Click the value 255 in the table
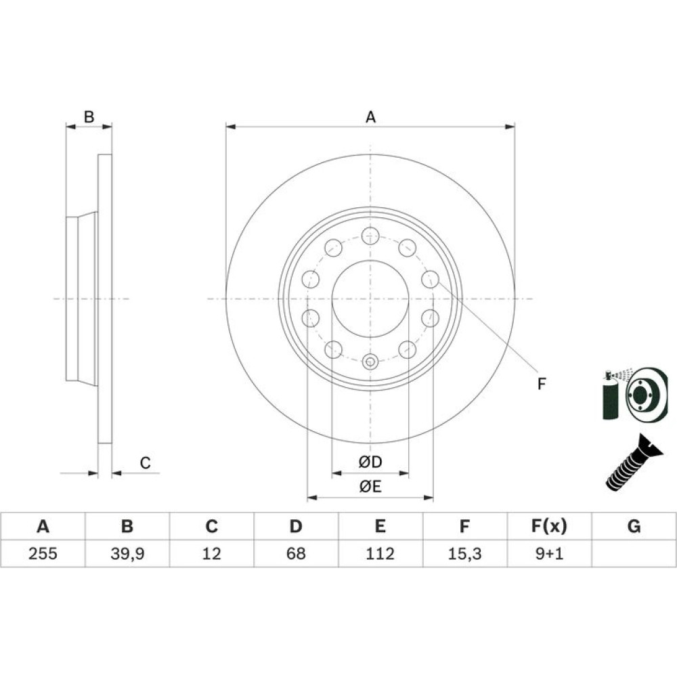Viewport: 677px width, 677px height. pyautogui.click(x=43, y=553)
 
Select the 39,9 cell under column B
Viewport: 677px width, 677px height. pyautogui.click(x=127, y=554)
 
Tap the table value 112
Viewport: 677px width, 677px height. pyautogui.click(x=380, y=553)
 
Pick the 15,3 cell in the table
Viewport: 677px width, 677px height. pyautogui.click(x=464, y=554)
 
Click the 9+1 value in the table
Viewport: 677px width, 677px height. pyautogui.click(x=549, y=553)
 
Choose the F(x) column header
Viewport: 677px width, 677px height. pyautogui.click(x=549, y=526)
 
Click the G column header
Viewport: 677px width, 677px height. pyautogui.click(x=634, y=526)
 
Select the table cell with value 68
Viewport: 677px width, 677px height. pyautogui.click(x=296, y=553)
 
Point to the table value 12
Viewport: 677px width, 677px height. pyautogui.click(x=211, y=553)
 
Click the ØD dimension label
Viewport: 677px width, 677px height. pyautogui.click(x=370, y=462)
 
